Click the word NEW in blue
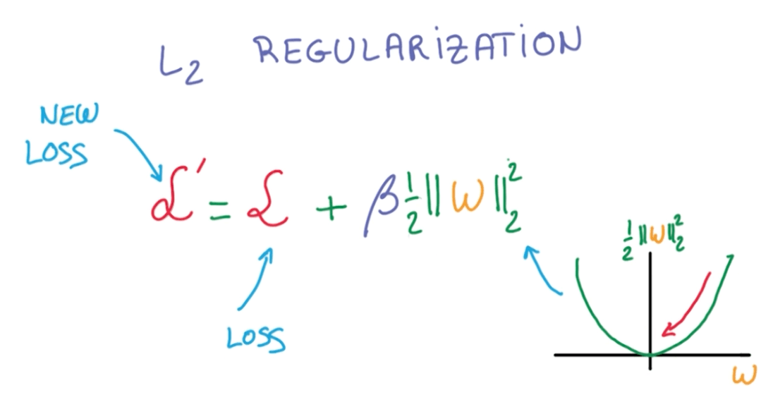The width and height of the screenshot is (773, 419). point(69,114)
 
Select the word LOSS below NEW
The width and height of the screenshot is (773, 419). point(56,152)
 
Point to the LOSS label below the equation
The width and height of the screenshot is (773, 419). point(255,339)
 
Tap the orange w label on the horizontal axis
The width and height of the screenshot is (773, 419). point(743,375)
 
